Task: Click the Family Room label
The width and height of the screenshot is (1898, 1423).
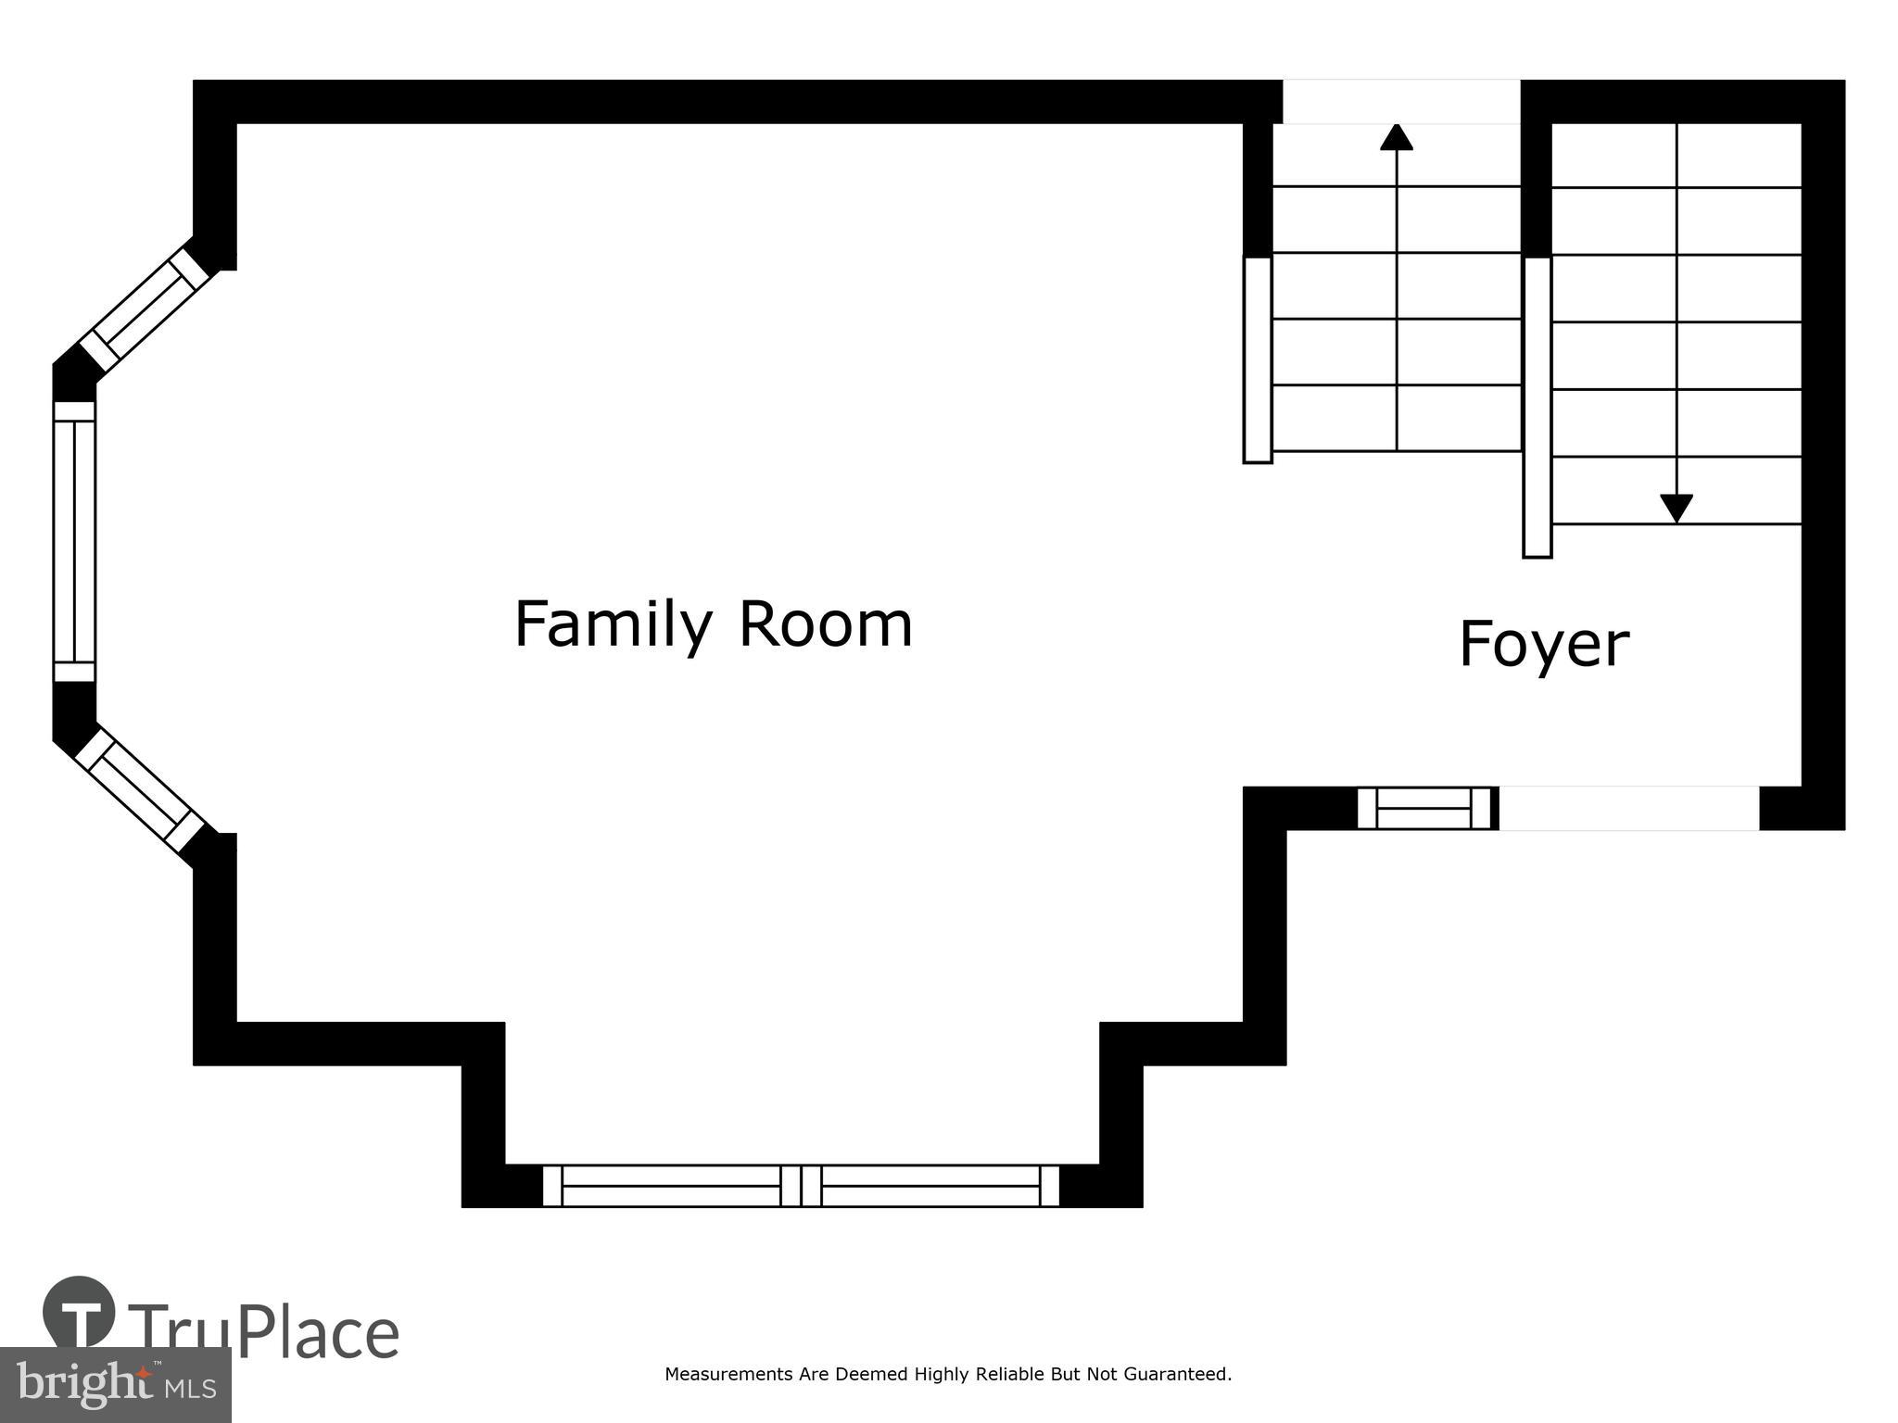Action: point(713,625)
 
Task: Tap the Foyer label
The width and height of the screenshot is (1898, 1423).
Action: point(1543,645)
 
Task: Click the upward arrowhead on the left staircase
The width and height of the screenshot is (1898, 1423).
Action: point(1397,137)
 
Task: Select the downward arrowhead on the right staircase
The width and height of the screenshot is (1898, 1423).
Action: point(1677,509)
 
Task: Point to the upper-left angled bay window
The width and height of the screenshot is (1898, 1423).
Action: point(145,311)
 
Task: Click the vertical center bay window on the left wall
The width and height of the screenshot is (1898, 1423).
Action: point(74,542)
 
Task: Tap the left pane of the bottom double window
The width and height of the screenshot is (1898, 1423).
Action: point(671,1186)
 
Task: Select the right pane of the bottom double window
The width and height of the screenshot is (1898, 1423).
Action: point(930,1186)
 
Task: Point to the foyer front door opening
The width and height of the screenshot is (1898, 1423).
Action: point(1628,808)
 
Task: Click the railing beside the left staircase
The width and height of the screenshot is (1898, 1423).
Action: point(1258,359)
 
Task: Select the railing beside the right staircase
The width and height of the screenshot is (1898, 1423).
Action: point(1537,408)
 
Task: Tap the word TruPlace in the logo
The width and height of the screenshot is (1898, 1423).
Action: point(265,1333)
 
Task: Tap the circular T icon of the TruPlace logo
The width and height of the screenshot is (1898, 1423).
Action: point(80,1312)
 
